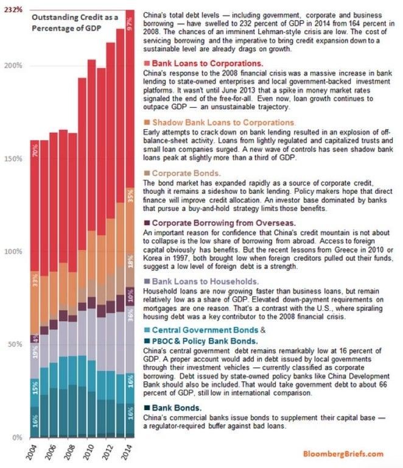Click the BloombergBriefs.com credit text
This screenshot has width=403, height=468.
[345, 454]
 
